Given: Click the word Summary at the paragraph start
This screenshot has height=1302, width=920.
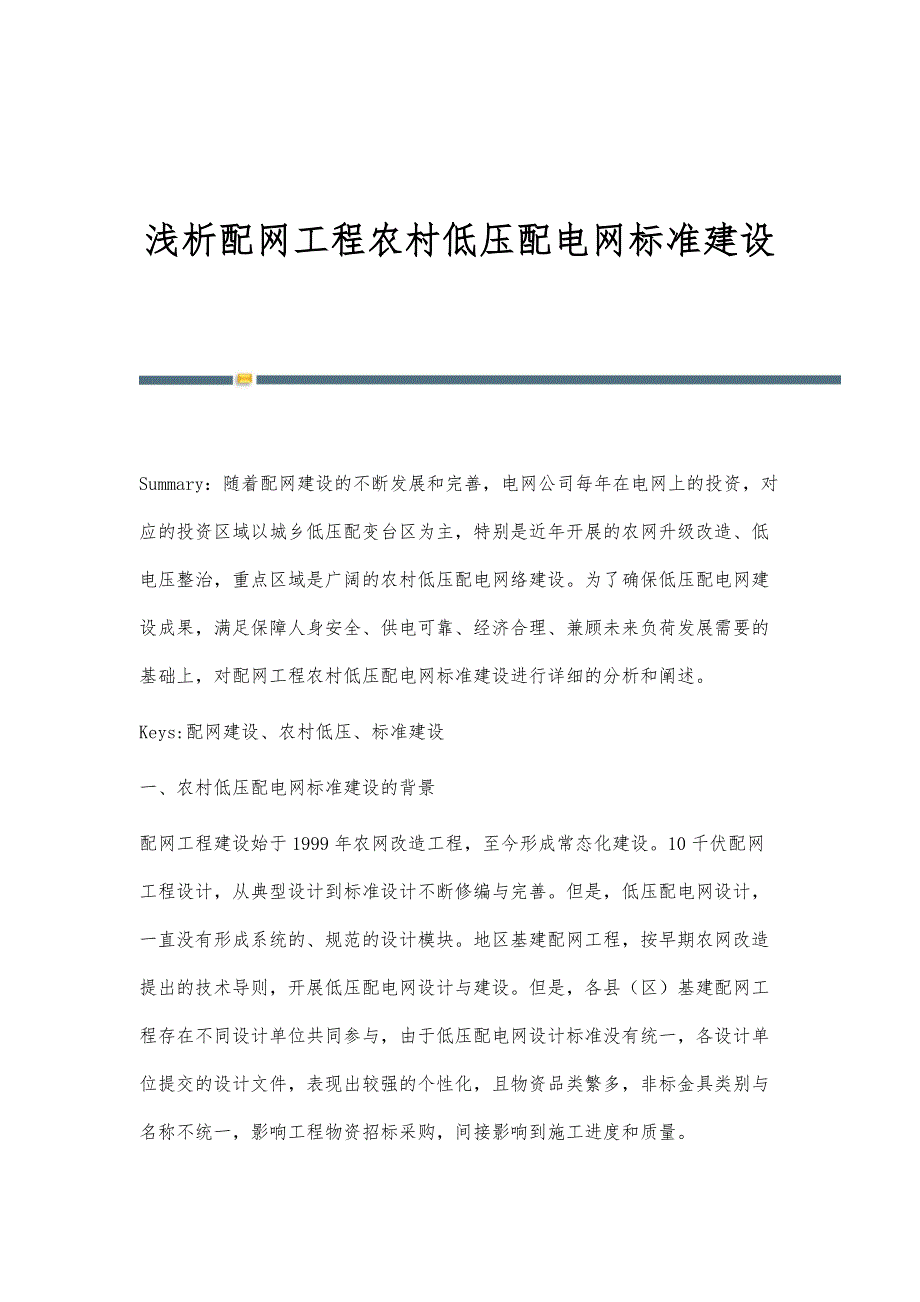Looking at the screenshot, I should coord(172,485).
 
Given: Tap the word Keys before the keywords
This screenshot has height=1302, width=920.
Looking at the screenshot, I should coord(158,733).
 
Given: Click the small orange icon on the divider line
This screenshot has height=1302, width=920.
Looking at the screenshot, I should coord(244,380).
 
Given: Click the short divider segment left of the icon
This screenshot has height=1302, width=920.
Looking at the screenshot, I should coord(186,380).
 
